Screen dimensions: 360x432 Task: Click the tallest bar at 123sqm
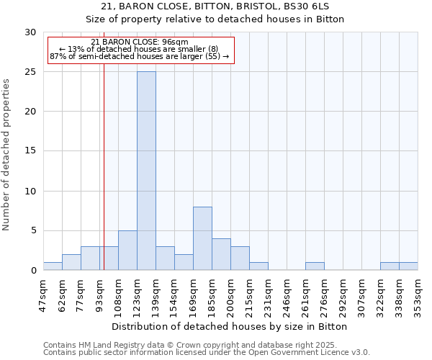(x=146, y=171)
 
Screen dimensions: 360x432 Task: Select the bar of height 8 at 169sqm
(x=202, y=238)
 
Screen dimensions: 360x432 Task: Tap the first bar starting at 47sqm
(x=53, y=266)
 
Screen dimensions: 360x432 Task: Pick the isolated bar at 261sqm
(x=315, y=266)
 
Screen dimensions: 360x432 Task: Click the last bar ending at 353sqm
(x=408, y=266)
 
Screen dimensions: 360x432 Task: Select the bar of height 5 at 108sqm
(x=127, y=251)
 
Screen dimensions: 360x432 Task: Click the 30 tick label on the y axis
(x=31, y=32)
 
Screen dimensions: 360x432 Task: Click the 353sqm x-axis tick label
(x=418, y=295)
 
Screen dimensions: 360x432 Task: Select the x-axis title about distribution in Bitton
(x=230, y=327)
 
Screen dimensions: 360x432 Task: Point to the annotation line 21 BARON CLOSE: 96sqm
(x=140, y=42)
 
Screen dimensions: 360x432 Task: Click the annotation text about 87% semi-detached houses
(x=140, y=56)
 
